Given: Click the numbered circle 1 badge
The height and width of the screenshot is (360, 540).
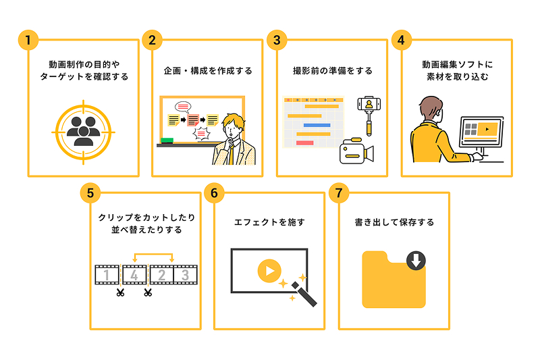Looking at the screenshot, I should click(x=28, y=40).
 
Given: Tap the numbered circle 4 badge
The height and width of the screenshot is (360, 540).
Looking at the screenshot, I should click(x=401, y=40).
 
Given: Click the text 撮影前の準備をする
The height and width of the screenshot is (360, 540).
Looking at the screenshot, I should click(x=332, y=71).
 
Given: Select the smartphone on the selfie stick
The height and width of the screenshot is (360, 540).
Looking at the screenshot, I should click(x=369, y=105).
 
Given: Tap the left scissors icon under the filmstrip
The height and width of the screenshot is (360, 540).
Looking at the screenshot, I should click(x=120, y=292).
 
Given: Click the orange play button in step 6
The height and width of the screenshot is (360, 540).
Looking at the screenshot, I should click(x=268, y=271).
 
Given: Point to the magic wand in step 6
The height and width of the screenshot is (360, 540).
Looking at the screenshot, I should click(x=303, y=294).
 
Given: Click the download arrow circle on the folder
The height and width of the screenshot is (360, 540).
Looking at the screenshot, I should click(x=416, y=260).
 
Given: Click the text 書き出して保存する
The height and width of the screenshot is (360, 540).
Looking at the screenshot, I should click(x=394, y=222).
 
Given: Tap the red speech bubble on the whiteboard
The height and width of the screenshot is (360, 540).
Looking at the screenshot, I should click(x=183, y=106).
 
